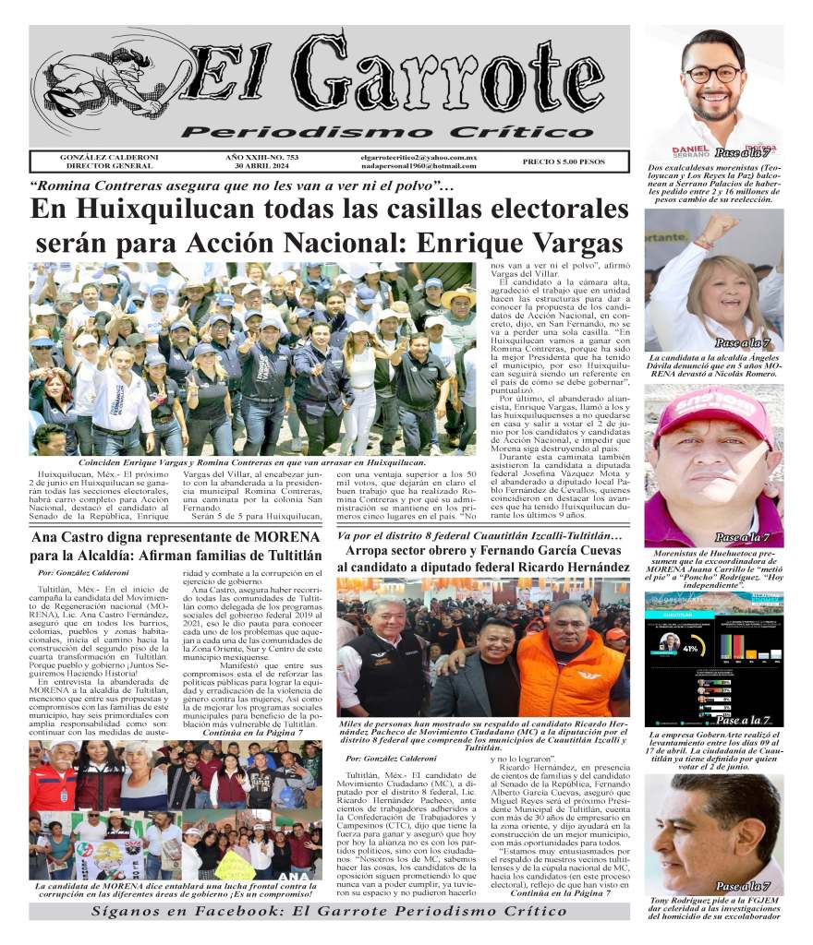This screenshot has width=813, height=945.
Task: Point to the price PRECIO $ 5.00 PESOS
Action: [x=564, y=161]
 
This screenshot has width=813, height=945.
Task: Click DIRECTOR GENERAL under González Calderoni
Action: [x=101, y=166]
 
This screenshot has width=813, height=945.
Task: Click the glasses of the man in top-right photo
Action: [x=712, y=73]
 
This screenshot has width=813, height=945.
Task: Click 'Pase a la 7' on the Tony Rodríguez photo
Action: [x=742, y=886]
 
